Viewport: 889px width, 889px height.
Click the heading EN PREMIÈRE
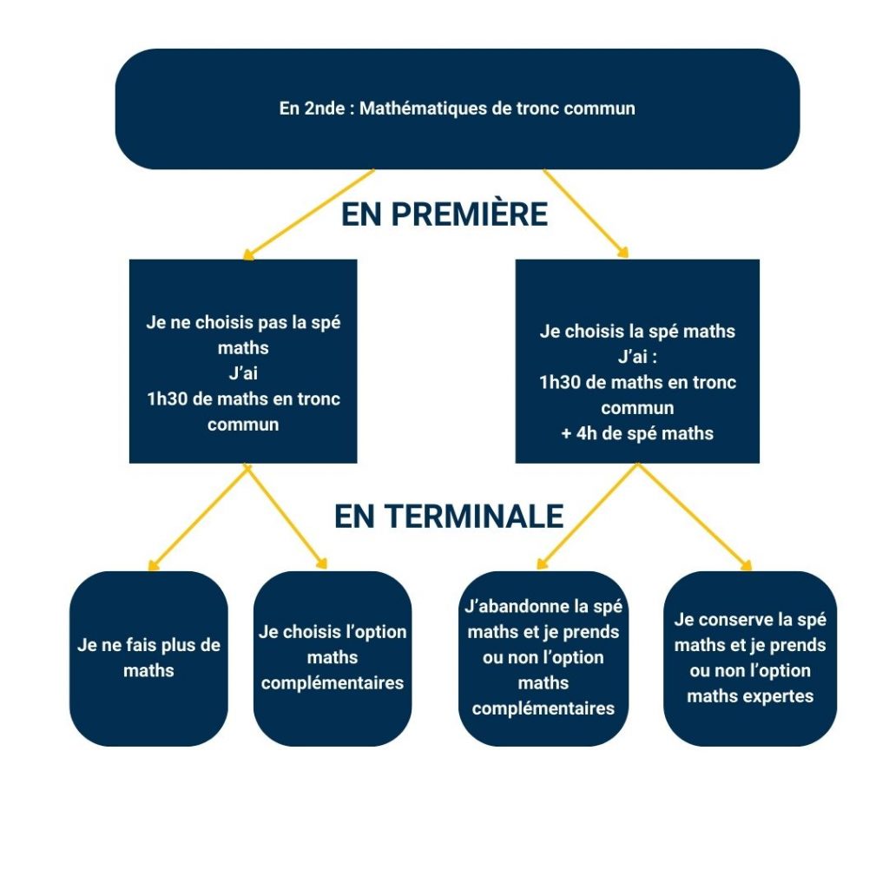pyautogui.click(x=444, y=214)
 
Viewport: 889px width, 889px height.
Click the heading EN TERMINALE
pyautogui.click(x=449, y=517)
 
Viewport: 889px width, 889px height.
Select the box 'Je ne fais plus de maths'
pyautogui.click(x=148, y=658)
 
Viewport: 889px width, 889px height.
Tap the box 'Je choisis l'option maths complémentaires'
pyautogui.click(x=333, y=658)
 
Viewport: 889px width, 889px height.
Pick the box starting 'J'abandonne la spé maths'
pyautogui.click(x=543, y=658)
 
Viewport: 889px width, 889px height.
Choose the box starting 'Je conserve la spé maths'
pyautogui.click(x=750, y=658)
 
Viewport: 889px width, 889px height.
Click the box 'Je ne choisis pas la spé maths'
pyautogui.click(x=243, y=360)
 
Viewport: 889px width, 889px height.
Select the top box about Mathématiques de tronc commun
pyautogui.click(x=457, y=109)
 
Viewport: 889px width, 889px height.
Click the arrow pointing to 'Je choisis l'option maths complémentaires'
pyautogui.click(x=286, y=517)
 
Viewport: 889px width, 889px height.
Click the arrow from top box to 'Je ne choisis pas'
pyautogui.click(x=309, y=214)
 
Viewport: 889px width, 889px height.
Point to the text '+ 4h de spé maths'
pyautogui.click(x=637, y=433)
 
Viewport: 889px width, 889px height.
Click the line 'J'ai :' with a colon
pyautogui.click(x=637, y=357)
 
